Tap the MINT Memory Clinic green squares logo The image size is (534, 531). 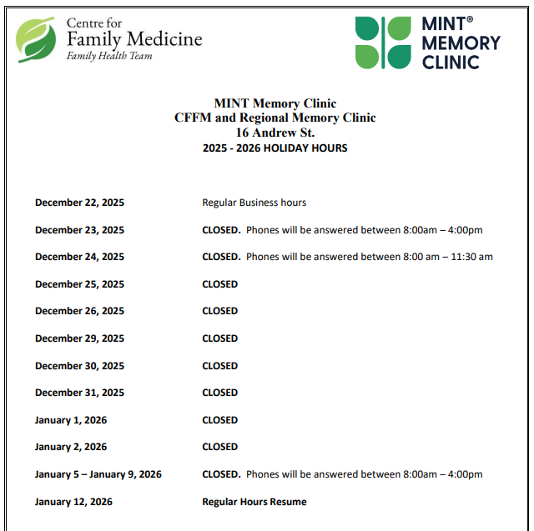click(383, 43)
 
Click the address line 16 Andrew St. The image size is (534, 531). click(275, 133)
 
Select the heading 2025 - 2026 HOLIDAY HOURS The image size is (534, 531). click(275, 148)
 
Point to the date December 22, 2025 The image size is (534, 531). click(79, 203)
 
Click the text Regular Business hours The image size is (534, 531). click(254, 203)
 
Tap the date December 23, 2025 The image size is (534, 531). click(79, 230)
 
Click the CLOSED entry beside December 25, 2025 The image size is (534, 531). click(219, 284)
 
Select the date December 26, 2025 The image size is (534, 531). click(79, 311)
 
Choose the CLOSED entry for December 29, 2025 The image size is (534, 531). click(219, 338)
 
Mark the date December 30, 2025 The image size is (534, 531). click(79, 366)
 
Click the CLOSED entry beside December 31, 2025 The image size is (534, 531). click(219, 393)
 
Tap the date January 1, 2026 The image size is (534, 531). click(71, 420)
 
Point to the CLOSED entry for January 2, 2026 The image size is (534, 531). click(219, 447)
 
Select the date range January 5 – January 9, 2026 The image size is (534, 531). click(98, 474)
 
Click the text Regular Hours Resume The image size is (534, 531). click(254, 502)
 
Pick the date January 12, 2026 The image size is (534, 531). click(73, 502)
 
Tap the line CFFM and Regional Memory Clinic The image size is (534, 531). click(275, 118)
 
